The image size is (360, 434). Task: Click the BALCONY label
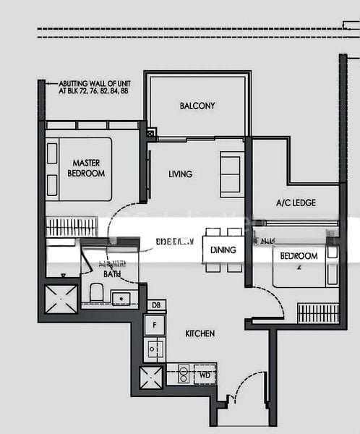tap(197, 106)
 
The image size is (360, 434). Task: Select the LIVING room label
tap(180, 174)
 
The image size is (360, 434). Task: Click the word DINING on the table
tap(223, 250)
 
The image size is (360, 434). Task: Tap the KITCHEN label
tap(200, 333)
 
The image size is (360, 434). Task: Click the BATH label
tap(112, 274)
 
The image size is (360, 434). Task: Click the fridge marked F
tap(155, 325)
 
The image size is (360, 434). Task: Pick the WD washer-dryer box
tap(205, 375)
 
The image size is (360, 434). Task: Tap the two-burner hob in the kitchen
tap(184, 375)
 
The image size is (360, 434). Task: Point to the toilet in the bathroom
tap(96, 294)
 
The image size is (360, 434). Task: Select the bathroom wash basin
tap(121, 297)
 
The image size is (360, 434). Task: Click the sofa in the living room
tap(231, 173)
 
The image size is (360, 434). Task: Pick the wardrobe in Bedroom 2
tap(317, 312)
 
